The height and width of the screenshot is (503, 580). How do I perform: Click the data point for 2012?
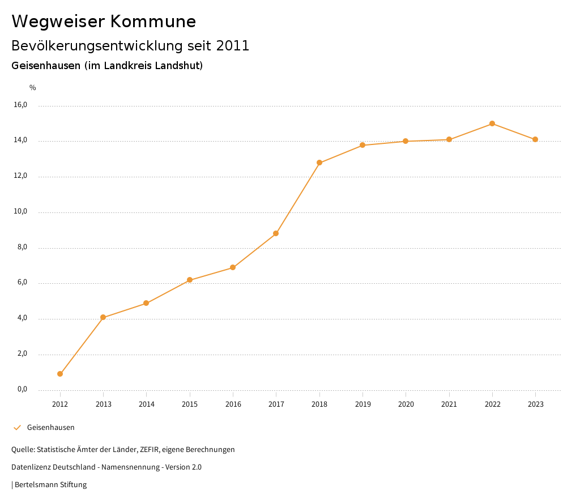click(60, 374)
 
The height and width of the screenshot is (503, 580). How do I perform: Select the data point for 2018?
click(319, 163)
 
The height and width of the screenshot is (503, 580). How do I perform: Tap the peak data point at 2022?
click(492, 123)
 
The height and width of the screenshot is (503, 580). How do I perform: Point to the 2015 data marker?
click(190, 280)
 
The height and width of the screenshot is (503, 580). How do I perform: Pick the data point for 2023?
click(535, 139)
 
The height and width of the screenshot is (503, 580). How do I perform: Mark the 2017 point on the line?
click(276, 233)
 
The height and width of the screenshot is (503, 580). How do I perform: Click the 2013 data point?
click(103, 317)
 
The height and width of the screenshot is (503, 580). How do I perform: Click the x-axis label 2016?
click(233, 404)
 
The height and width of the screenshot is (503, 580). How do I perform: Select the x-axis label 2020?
click(406, 404)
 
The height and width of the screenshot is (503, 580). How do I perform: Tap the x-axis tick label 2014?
click(146, 404)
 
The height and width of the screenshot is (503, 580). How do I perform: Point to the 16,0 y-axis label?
click(20, 105)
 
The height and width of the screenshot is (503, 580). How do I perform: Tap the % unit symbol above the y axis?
click(33, 88)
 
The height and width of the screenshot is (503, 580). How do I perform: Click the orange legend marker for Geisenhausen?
click(17, 428)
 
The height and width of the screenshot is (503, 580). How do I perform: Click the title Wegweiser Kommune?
click(104, 22)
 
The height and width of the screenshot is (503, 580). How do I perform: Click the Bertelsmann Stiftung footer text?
click(50, 485)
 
